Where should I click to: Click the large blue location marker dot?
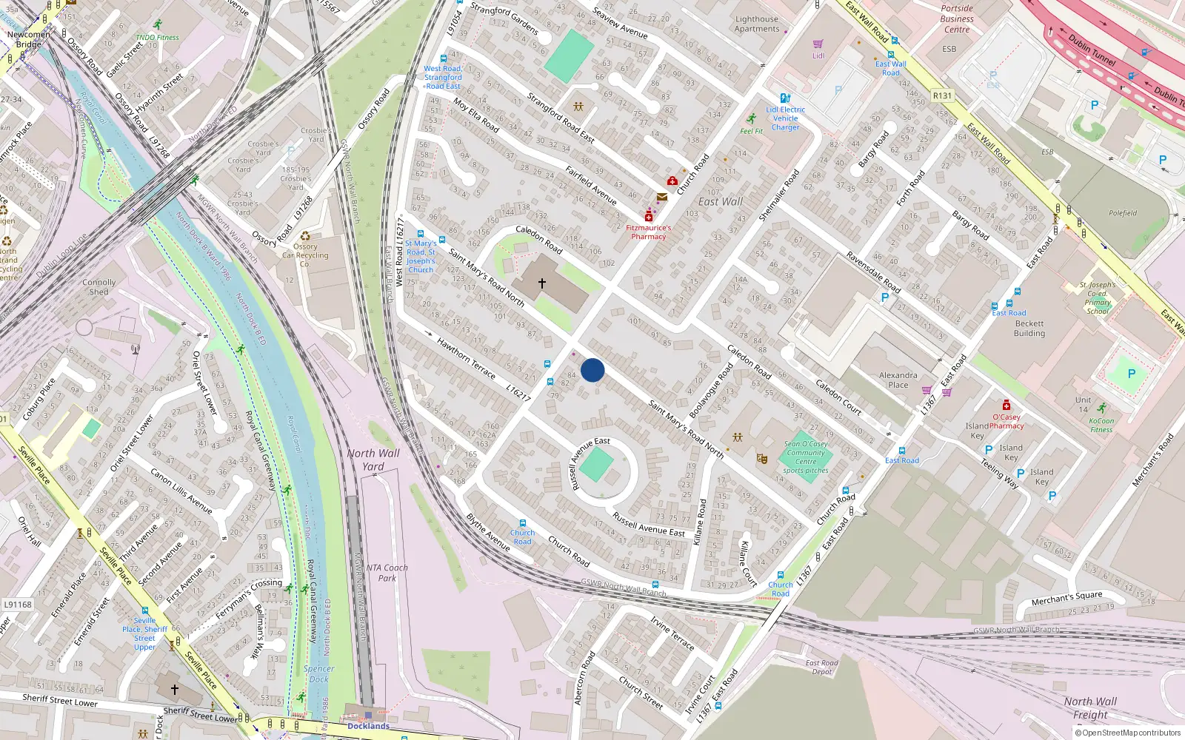click(x=592, y=370)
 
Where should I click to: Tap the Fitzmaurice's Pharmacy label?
click(x=648, y=232)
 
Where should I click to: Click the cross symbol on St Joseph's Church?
click(x=542, y=283)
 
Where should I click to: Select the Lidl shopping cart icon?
click(x=818, y=44)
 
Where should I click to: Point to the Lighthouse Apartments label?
click(x=757, y=24)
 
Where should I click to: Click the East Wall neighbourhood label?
click(x=720, y=201)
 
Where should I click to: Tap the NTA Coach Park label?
click(x=387, y=573)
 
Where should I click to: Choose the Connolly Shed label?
click(x=99, y=287)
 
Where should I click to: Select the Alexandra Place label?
click(x=898, y=380)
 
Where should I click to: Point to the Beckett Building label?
click(x=1029, y=329)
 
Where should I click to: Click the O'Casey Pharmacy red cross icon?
click(x=1006, y=405)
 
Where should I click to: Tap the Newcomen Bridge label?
click(x=29, y=39)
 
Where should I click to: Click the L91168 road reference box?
click(x=18, y=605)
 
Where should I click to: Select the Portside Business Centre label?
click(x=957, y=19)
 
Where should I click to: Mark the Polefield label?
click(x=1123, y=213)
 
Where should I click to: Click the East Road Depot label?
click(x=821, y=667)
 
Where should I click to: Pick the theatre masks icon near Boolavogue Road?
click(x=761, y=459)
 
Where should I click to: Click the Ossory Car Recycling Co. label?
click(x=305, y=255)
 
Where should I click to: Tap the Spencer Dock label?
click(x=319, y=673)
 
